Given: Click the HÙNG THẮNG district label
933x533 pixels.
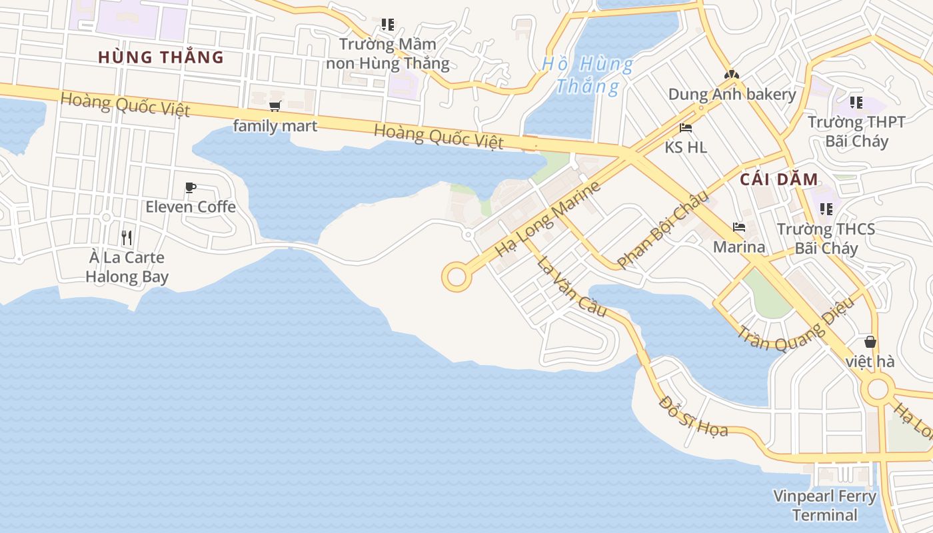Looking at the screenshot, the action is tap(161, 57).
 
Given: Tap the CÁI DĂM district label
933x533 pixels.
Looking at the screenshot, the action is tap(778, 179).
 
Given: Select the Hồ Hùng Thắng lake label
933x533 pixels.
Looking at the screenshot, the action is tap(587, 75).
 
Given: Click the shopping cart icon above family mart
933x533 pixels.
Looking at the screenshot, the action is tap(275, 106).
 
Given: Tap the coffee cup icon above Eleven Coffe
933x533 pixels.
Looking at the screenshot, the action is tap(190, 187).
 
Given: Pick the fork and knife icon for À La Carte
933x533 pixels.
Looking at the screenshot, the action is tap(127, 237).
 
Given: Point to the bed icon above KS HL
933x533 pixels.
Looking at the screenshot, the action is tap(686, 127).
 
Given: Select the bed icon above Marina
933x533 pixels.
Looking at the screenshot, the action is tap(738, 227).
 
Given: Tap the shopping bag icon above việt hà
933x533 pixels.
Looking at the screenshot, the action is tap(870, 342).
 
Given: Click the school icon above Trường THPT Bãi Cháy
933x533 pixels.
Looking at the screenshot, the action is tap(856, 103).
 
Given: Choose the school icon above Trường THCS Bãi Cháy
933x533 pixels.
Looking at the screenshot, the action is tap(826, 209).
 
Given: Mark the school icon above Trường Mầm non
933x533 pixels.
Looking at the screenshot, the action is tap(387, 25).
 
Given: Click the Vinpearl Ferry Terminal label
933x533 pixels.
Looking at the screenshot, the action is tap(824, 506).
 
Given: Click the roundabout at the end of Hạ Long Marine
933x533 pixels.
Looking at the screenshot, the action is tap(457, 276).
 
